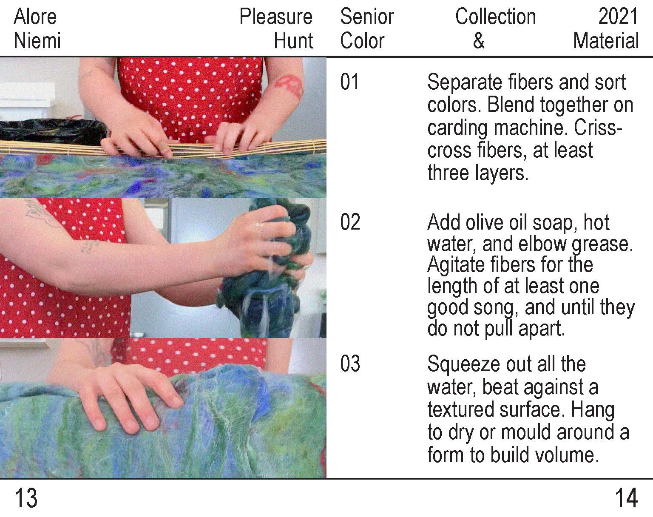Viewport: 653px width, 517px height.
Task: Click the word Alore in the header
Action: [x=35, y=17]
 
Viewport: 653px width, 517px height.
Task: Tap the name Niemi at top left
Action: [x=37, y=40]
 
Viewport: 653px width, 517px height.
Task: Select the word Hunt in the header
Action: [x=293, y=40]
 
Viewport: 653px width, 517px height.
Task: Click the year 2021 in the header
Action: [x=618, y=17]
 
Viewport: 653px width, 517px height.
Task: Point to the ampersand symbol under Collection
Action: [x=479, y=40]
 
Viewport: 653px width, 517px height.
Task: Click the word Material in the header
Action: [x=606, y=40]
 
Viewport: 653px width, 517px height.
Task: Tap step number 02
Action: [x=350, y=222]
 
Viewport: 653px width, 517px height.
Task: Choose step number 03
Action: [x=350, y=364]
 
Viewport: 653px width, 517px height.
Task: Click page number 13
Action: [x=26, y=498]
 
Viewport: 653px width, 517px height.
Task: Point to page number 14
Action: [x=626, y=498]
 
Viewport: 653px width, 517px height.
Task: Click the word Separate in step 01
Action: [x=465, y=82]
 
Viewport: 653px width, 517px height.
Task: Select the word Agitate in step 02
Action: [x=456, y=265]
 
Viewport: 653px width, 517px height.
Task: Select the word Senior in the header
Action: [x=367, y=17]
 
